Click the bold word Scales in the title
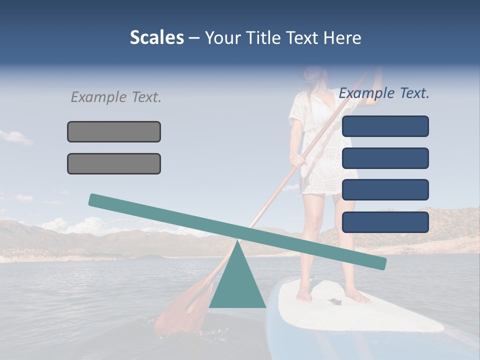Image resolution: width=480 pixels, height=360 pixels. pyautogui.click(x=156, y=38)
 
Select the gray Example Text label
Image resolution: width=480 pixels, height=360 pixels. pyautogui.click(x=116, y=97)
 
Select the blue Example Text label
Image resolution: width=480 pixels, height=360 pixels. pyautogui.click(x=384, y=93)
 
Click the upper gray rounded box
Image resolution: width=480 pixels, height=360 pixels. pyautogui.click(x=114, y=131)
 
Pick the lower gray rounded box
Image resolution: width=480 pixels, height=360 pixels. pyautogui.click(x=114, y=163)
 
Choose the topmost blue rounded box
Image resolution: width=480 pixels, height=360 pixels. pyautogui.click(x=385, y=126)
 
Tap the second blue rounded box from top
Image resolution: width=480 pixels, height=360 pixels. pyautogui.click(x=385, y=158)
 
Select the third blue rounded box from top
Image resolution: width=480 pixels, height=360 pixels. pyautogui.click(x=385, y=190)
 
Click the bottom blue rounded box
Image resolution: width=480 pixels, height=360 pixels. pyautogui.click(x=385, y=222)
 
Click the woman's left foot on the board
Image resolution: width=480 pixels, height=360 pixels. pyautogui.click(x=358, y=297)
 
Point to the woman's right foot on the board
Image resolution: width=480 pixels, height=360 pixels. pyautogui.click(x=303, y=295)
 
